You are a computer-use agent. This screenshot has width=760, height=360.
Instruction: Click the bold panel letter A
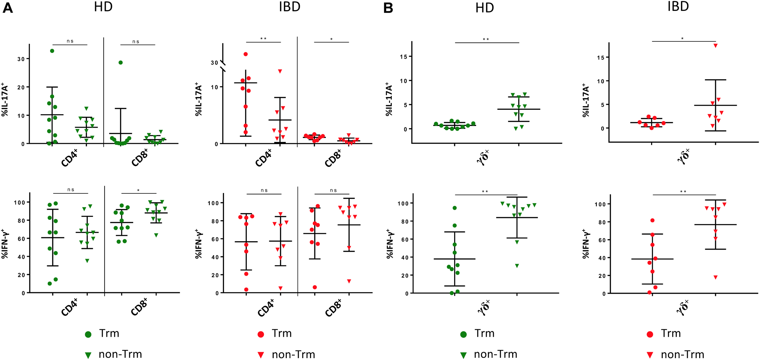click(8, 8)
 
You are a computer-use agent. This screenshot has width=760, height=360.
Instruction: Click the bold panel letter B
click(388, 8)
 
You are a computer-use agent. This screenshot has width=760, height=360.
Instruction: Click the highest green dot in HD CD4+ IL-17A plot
click(52, 51)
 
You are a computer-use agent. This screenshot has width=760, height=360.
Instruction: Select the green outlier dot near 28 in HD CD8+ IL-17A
click(121, 63)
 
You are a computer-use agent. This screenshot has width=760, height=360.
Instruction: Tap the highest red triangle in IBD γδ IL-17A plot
click(716, 46)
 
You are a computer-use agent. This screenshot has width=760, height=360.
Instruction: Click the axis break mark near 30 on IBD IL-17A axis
click(223, 66)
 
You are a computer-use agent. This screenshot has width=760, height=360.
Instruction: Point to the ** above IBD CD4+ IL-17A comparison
click(263, 39)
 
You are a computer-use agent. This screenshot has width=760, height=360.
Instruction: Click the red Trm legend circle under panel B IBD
click(650, 334)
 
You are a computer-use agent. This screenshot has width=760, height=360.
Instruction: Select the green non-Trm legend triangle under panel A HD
click(88, 355)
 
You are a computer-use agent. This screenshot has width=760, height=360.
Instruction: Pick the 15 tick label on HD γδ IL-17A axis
click(403, 57)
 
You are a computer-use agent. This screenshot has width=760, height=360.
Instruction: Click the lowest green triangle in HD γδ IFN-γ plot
click(517, 266)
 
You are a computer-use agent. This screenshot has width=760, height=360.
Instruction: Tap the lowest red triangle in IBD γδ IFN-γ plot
click(716, 277)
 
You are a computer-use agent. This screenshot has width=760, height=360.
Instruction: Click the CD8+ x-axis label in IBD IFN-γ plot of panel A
click(333, 308)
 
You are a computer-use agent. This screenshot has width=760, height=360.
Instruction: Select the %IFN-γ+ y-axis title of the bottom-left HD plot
click(5, 244)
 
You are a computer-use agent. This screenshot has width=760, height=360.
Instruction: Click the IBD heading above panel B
click(678, 7)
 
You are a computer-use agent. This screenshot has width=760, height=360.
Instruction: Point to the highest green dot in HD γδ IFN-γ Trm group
click(455, 208)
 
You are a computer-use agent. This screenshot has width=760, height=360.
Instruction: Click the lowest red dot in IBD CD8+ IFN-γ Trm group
click(315, 287)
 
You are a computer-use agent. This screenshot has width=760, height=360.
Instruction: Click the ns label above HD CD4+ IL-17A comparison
click(70, 41)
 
